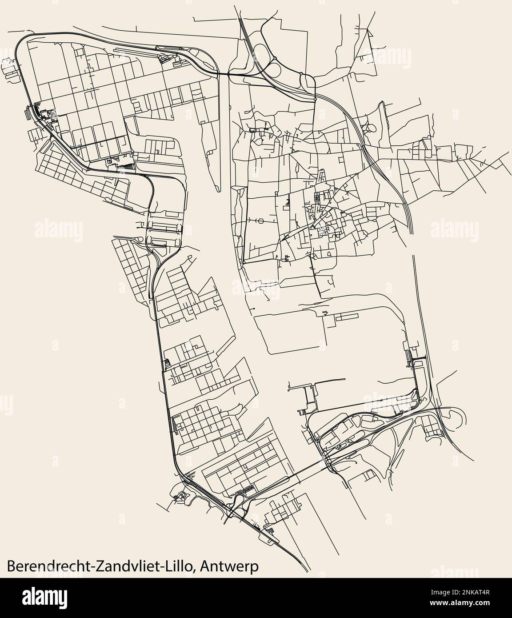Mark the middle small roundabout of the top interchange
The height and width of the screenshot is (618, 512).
point(301,73)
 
